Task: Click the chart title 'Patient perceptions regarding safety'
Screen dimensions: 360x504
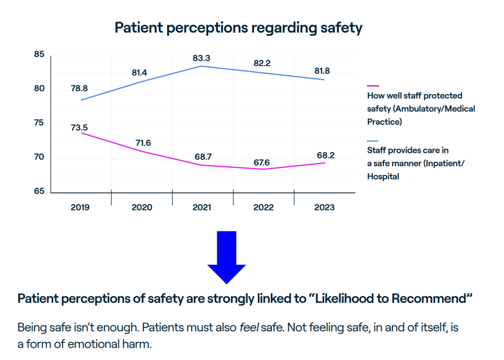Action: pyautogui.click(x=238, y=27)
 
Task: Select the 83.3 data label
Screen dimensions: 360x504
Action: pyautogui.click(x=201, y=58)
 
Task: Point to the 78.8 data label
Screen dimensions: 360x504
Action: pyautogui.click(x=79, y=88)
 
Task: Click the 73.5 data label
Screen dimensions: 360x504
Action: pyautogui.click(x=79, y=128)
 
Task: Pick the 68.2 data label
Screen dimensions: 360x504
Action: pyautogui.click(x=325, y=155)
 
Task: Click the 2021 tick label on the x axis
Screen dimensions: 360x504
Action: pyautogui.click(x=202, y=207)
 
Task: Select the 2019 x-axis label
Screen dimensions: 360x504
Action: pyautogui.click(x=80, y=207)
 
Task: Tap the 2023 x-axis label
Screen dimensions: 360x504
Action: pyautogui.click(x=324, y=207)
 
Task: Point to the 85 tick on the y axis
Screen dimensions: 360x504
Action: pyautogui.click(x=39, y=54)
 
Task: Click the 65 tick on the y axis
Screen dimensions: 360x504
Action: pyautogui.click(x=39, y=191)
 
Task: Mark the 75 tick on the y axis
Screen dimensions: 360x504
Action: pyautogui.click(x=39, y=123)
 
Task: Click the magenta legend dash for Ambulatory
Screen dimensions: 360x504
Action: pyautogui.click(x=373, y=86)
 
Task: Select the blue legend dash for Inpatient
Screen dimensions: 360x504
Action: pyautogui.click(x=373, y=141)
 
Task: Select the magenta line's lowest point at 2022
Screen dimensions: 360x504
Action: pyautogui.click(x=263, y=169)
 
